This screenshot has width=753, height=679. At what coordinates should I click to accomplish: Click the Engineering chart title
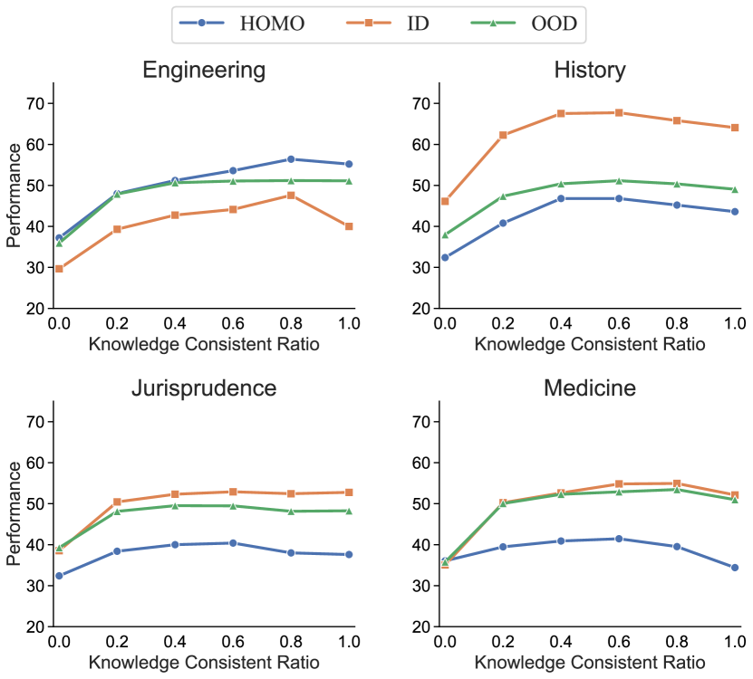(206, 71)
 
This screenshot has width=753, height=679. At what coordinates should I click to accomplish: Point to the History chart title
(590, 71)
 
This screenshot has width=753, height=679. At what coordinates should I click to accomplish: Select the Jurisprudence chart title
(205, 388)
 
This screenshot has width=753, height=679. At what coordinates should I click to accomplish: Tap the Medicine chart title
(590, 388)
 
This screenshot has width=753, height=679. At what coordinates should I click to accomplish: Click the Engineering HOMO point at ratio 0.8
(291, 159)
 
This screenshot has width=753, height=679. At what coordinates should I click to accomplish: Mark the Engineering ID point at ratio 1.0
(349, 226)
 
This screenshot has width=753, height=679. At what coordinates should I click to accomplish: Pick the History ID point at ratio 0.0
(445, 201)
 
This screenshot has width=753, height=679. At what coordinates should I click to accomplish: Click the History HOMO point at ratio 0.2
(503, 223)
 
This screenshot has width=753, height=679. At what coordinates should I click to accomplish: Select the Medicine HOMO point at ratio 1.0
(735, 568)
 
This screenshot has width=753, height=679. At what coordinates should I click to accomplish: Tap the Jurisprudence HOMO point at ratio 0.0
(59, 576)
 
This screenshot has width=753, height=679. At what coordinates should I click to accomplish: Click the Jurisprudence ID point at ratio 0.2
(117, 502)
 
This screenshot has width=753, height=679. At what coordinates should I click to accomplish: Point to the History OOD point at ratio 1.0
(735, 189)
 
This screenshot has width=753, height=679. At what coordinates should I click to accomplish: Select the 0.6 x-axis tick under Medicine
(619, 641)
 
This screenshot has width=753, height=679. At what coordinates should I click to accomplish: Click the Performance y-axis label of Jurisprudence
(14, 513)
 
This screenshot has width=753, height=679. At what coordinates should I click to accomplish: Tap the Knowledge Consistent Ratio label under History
(590, 344)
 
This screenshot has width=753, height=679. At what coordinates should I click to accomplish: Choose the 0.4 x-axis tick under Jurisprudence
(175, 641)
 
